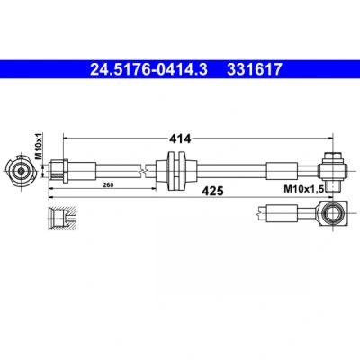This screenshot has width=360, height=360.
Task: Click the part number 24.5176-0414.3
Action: click(148, 69)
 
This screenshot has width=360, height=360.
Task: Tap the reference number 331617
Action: click(255, 69)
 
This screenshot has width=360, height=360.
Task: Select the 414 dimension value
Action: click(180, 139)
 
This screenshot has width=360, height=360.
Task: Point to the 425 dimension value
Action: click(212, 191)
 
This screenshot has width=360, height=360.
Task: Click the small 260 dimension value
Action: click(108, 185)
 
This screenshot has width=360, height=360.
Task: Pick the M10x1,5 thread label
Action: click(303, 189)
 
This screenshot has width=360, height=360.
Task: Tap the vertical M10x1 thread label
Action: click(39, 146)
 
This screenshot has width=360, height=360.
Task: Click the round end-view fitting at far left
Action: click(21, 171)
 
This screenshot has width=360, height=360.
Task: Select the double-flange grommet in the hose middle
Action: click(176, 171)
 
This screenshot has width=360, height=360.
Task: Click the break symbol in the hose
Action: click(143, 171)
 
